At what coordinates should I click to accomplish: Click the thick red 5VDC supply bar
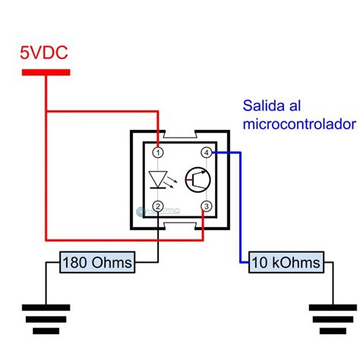coord(46,73)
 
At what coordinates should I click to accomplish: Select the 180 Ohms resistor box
coord(97,263)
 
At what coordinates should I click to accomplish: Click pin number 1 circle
coord(157,152)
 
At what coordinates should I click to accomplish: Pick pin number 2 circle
coord(157,206)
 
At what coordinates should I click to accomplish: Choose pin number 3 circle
coord(207,206)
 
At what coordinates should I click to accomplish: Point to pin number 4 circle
coord(207,152)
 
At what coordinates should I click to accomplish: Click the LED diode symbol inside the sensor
coord(159,180)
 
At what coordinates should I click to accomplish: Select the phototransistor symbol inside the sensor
coord(199,179)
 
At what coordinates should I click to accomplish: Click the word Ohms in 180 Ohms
coord(111,263)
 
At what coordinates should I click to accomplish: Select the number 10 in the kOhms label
coord(259,263)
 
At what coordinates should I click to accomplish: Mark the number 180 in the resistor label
coord(77,263)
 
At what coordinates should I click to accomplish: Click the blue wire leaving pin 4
coord(241,205)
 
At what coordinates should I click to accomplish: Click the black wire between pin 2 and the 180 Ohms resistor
coord(157,235)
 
